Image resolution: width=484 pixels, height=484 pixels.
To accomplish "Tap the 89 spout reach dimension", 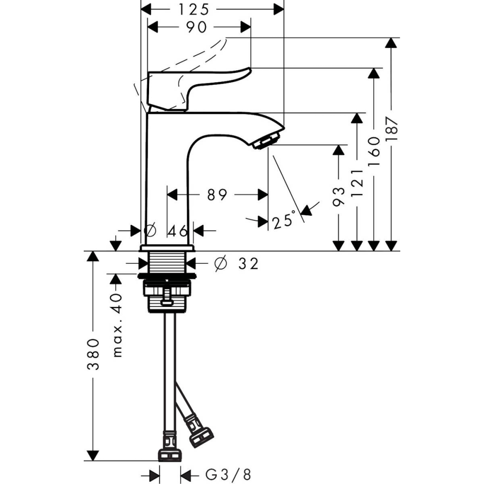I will point(217,195).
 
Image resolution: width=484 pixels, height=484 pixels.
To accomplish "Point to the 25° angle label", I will point(283,222).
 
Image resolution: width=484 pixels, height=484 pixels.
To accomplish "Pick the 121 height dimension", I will point(357,182).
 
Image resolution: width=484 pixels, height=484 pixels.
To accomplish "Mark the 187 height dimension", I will point(392,128).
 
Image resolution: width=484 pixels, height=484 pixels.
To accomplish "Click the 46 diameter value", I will point(177,231).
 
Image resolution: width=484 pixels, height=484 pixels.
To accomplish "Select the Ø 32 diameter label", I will point(236,263).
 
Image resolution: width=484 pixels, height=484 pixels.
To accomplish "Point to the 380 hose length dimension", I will point(93,355).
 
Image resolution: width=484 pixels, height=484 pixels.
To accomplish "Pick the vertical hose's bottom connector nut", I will point(169,454).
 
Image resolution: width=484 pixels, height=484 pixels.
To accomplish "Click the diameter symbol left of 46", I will point(150,231).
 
